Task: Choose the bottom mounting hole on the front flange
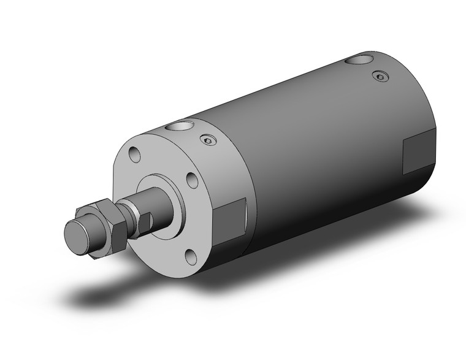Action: click(x=190, y=256)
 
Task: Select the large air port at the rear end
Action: click(x=359, y=61)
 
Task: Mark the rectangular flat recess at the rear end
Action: click(x=418, y=153)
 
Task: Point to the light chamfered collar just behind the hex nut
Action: click(x=131, y=214)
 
